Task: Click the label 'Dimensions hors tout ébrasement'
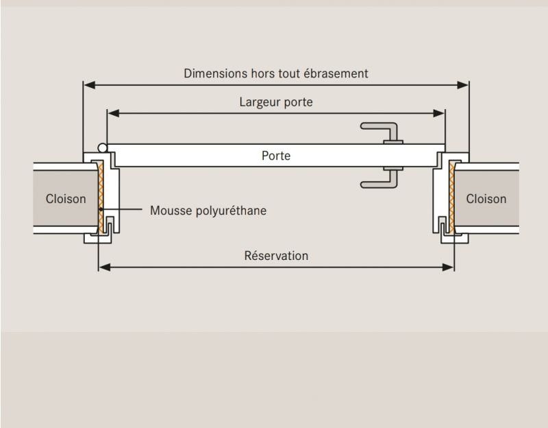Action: [x=276, y=73]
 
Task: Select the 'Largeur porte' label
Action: [x=276, y=103]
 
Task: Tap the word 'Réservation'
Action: [x=276, y=256]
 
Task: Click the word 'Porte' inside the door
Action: [x=276, y=156]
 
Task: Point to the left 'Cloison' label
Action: [x=66, y=199]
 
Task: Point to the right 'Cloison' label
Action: [x=486, y=199]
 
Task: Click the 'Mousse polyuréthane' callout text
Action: [x=208, y=211]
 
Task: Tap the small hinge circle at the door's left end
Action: [x=102, y=147]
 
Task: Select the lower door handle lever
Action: [x=377, y=182]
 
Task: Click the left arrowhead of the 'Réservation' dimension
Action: [x=103, y=266]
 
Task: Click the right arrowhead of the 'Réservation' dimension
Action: [x=450, y=266]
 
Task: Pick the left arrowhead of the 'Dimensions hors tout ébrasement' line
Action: [x=88, y=85]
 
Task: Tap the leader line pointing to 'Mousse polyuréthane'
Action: [x=123, y=210]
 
